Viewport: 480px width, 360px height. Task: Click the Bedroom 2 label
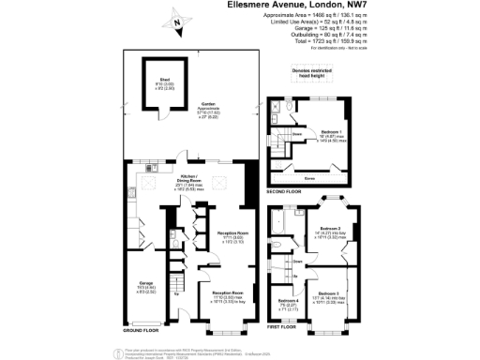click(329, 228)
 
